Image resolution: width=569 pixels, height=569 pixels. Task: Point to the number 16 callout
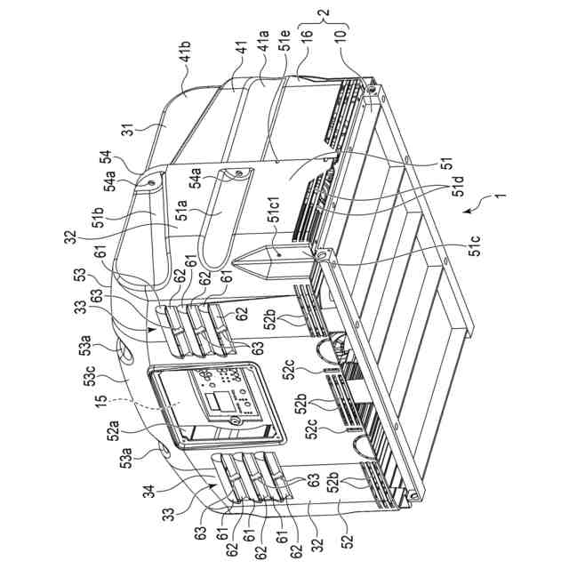307,36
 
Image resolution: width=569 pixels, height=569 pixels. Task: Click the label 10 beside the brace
340,37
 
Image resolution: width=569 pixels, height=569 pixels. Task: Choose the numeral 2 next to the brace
325,12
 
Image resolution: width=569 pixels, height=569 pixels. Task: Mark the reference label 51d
459,186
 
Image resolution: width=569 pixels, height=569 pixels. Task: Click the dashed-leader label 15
102,402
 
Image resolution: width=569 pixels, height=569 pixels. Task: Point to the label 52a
113,429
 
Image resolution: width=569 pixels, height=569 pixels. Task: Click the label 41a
263,42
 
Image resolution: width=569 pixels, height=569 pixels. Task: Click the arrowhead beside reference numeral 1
469,210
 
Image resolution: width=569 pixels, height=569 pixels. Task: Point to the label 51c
475,245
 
